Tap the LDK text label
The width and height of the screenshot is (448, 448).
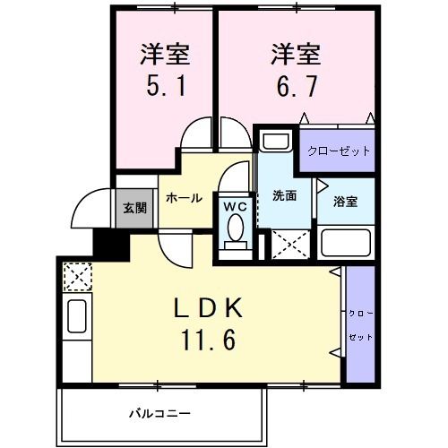(x=208, y=307)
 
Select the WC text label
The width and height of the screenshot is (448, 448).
(x=235, y=206)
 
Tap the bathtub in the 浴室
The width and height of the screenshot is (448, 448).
(x=345, y=244)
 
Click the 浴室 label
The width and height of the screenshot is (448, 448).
(x=346, y=201)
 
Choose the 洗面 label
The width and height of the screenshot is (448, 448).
(x=285, y=195)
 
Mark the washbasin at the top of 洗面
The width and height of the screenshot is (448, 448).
(x=275, y=142)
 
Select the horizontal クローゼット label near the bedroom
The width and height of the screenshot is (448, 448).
(x=339, y=151)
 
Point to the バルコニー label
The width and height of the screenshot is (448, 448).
(x=159, y=414)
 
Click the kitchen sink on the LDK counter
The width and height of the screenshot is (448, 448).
(x=76, y=318)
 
